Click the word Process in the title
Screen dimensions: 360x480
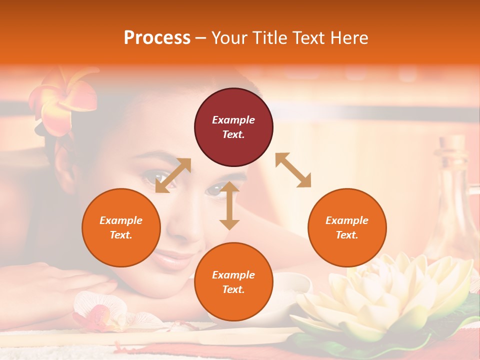157,38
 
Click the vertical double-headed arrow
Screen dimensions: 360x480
229,205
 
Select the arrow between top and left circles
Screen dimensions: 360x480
173,175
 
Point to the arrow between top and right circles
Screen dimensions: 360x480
293,170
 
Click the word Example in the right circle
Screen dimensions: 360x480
347,220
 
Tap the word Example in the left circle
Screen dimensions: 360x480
121,220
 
